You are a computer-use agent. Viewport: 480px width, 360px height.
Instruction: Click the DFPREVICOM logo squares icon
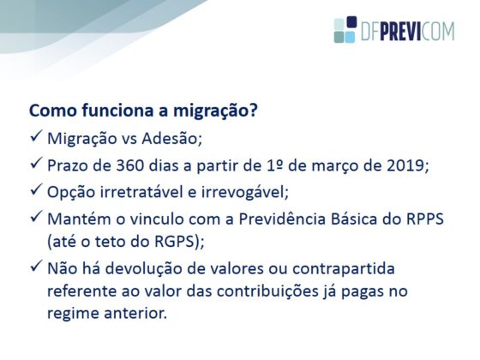click(345, 30)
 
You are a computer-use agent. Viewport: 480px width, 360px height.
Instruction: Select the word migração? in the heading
click(215, 111)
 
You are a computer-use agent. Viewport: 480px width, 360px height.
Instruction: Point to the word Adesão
click(171, 139)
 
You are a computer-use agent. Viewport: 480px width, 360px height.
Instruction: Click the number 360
click(129, 165)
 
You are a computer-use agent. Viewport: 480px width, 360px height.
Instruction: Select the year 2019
click(405, 165)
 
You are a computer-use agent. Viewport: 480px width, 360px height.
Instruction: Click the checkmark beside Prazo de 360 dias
click(36, 163)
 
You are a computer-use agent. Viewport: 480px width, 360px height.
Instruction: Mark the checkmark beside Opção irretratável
click(36, 189)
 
